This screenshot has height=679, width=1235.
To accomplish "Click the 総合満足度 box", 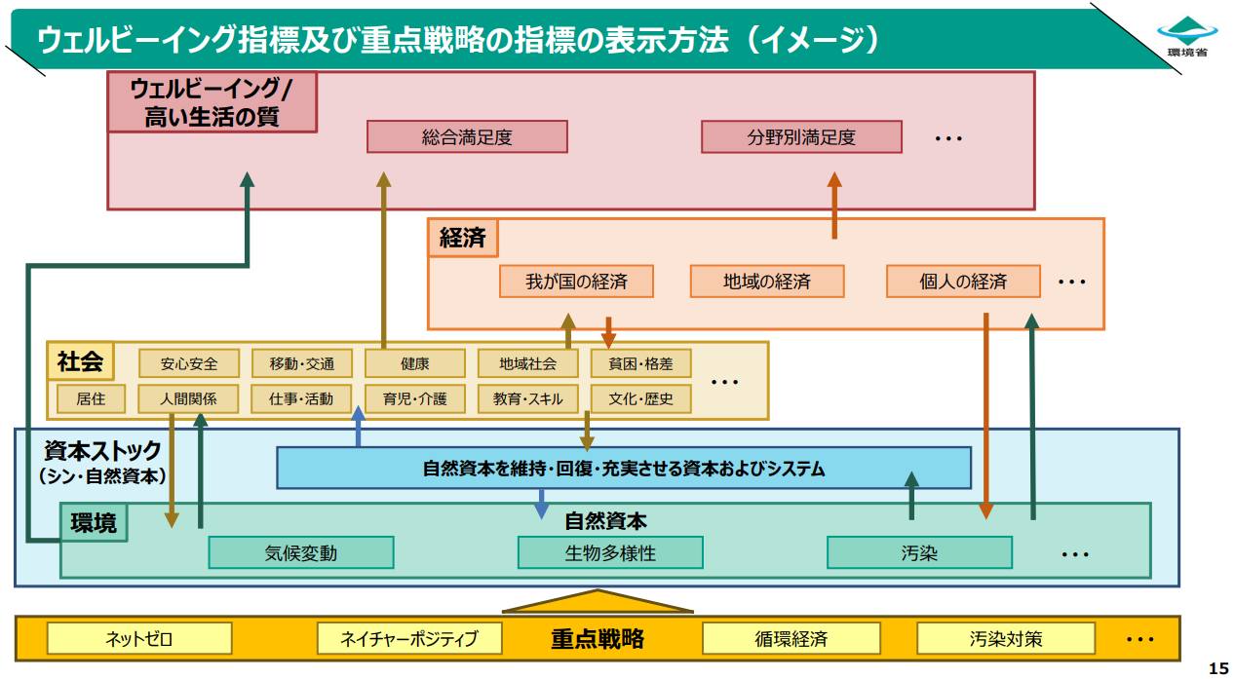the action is pyautogui.click(x=467, y=136).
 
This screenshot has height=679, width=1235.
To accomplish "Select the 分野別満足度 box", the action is pyautogui.click(x=801, y=136).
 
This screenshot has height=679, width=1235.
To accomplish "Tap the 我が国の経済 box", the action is pyautogui.click(x=576, y=282).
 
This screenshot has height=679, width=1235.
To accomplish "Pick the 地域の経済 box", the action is pyautogui.click(x=767, y=282).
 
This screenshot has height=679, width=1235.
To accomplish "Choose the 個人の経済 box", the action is pyautogui.click(x=963, y=282).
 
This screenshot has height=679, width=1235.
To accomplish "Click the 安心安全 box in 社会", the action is pyautogui.click(x=188, y=363).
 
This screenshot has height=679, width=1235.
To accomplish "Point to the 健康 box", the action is pyautogui.click(x=414, y=363).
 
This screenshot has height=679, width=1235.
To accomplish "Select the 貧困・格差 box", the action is pyautogui.click(x=640, y=363).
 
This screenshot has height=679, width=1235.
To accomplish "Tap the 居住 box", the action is pyautogui.click(x=91, y=398).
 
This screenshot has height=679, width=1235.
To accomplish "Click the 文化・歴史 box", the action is pyautogui.click(x=640, y=398).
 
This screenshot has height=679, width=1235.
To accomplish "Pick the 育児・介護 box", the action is pyautogui.click(x=414, y=398).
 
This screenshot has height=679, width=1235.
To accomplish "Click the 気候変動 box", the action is pyautogui.click(x=301, y=552).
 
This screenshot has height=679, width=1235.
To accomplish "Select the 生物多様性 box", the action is pyautogui.click(x=610, y=552).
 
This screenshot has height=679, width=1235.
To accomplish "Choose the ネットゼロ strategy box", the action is pyautogui.click(x=139, y=639).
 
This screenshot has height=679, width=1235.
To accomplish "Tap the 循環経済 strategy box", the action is pyautogui.click(x=791, y=639).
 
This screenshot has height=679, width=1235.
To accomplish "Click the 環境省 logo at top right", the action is pyautogui.click(x=1187, y=36).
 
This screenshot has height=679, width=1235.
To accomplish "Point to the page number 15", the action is pyautogui.click(x=1218, y=668).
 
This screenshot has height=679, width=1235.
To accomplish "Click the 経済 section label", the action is pyautogui.click(x=463, y=238).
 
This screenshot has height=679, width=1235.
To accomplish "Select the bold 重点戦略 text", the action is pyautogui.click(x=598, y=639).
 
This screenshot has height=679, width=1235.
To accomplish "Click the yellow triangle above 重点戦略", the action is pyautogui.click(x=598, y=603).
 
